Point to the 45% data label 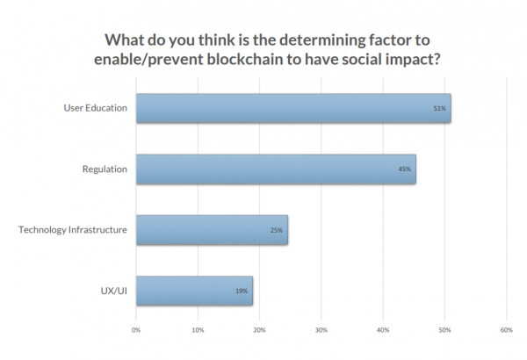click(405, 169)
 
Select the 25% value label click(277, 230)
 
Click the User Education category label click(96, 108)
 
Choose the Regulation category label click(106, 169)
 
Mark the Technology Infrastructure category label click(73, 230)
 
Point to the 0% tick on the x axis click(136, 330)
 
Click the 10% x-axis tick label click(198, 330)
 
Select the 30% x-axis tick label click(321, 330)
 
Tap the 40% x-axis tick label click(383, 330)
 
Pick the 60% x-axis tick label click(506, 330)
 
